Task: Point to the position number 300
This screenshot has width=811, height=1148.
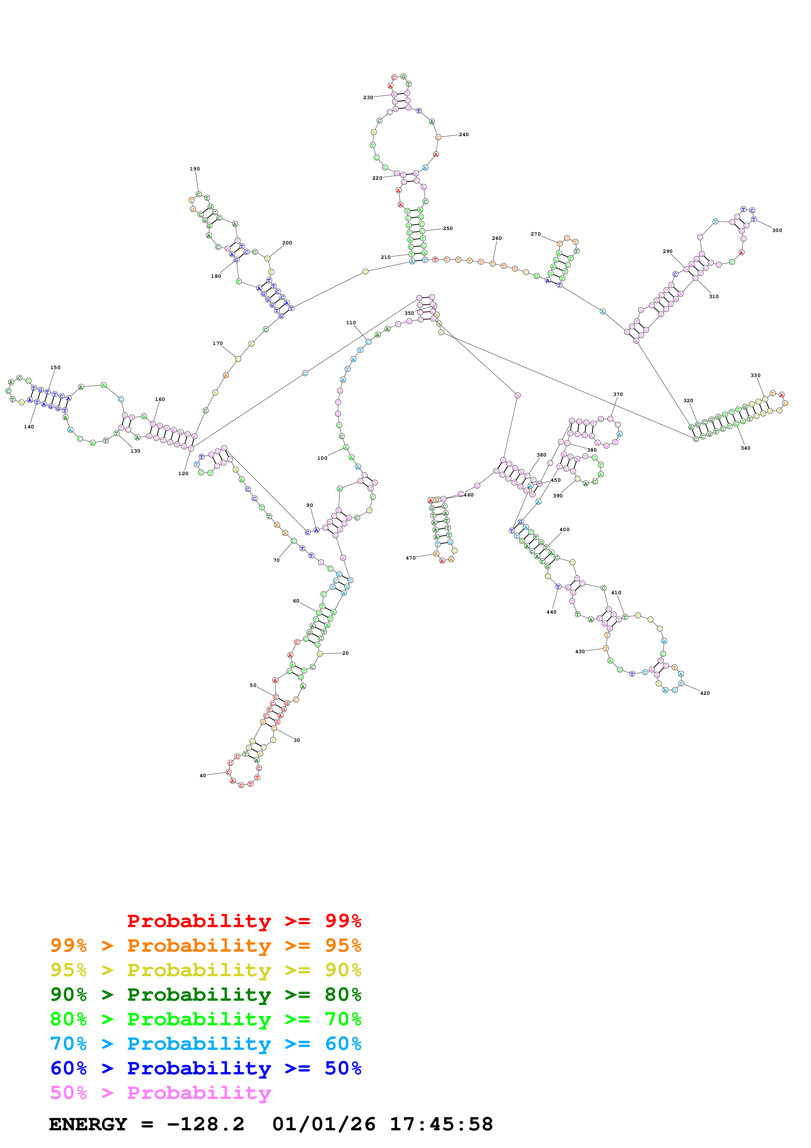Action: click(x=777, y=230)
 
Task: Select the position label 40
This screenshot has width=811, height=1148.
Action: click(x=203, y=776)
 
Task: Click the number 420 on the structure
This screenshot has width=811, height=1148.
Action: click(x=705, y=693)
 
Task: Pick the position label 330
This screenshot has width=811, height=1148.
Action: click(x=755, y=375)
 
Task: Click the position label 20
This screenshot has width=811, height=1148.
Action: click(x=345, y=653)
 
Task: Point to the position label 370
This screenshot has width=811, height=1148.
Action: click(x=618, y=394)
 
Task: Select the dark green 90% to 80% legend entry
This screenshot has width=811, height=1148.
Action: click(x=205, y=995)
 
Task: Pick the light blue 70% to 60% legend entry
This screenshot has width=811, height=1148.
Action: click(x=205, y=1044)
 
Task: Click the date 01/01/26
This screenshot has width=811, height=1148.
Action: click(x=324, y=1124)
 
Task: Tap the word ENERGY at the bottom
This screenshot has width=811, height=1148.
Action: click(x=88, y=1124)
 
